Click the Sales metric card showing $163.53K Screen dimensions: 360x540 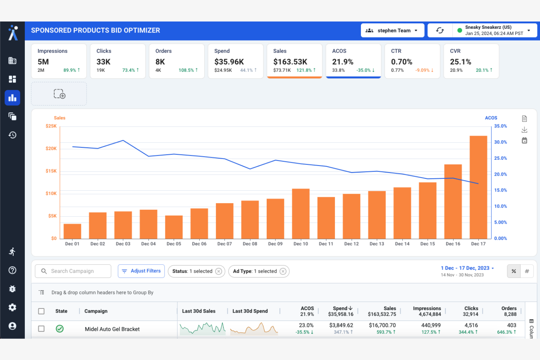(x=294, y=61)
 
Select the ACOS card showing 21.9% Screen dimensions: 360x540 (x=353, y=61)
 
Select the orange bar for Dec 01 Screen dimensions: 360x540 (x=72, y=231)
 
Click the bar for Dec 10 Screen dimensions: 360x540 (x=301, y=214)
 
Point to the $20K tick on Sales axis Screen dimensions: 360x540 (x=51, y=148)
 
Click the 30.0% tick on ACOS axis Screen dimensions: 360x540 (x=500, y=142)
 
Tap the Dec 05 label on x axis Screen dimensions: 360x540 (x=174, y=244)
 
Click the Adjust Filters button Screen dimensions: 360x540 (x=141, y=271)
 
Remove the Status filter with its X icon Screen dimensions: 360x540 (x=219, y=271)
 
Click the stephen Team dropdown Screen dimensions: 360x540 (x=392, y=31)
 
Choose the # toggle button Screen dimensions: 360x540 (x=526, y=271)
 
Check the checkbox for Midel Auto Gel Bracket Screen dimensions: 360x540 (x=41, y=329)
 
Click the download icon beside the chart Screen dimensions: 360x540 (x=524, y=130)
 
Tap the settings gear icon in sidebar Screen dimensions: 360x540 (x=12, y=307)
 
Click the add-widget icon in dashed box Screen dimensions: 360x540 (x=59, y=94)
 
